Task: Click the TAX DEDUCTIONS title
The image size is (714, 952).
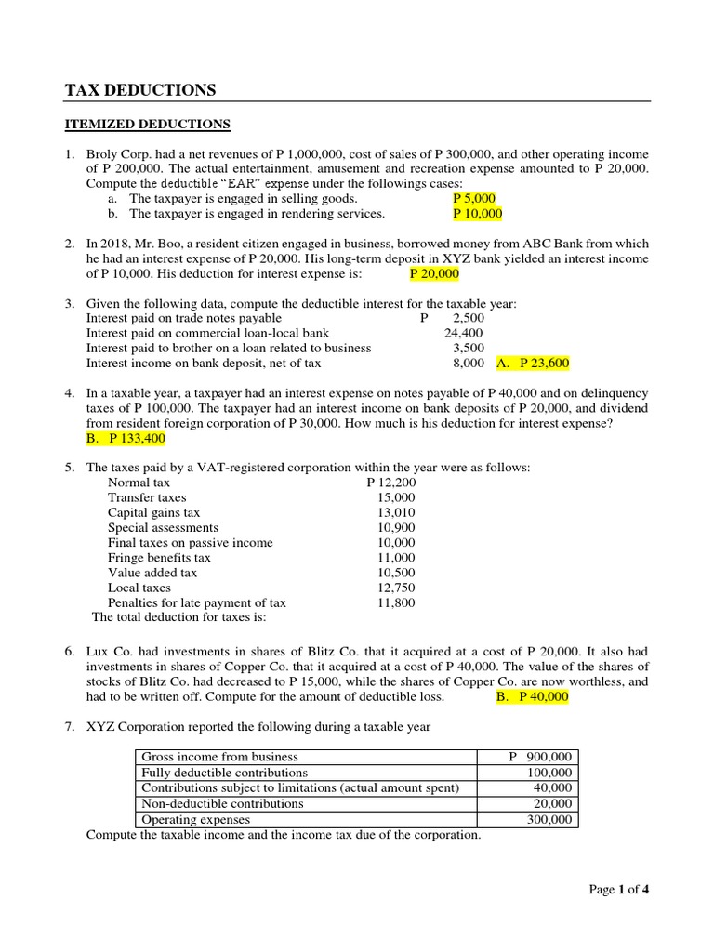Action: (139, 90)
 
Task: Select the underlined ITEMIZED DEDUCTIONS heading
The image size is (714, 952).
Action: (147, 124)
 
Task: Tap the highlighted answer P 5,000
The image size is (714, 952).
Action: (474, 198)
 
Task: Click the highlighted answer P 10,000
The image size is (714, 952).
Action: (477, 213)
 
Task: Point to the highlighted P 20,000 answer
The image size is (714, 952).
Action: (434, 273)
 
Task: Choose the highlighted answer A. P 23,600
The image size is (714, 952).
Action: (534, 364)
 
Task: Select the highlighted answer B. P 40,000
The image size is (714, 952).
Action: (533, 697)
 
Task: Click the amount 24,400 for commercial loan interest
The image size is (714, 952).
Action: (463, 333)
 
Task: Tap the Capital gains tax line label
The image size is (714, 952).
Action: (153, 513)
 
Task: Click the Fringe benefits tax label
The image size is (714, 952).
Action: (159, 558)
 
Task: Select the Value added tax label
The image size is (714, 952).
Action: (152, 573)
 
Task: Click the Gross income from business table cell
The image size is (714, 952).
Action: (219, 757)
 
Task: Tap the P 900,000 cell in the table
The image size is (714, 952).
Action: (540, 757)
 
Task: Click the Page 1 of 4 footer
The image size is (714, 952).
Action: (619, 890)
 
